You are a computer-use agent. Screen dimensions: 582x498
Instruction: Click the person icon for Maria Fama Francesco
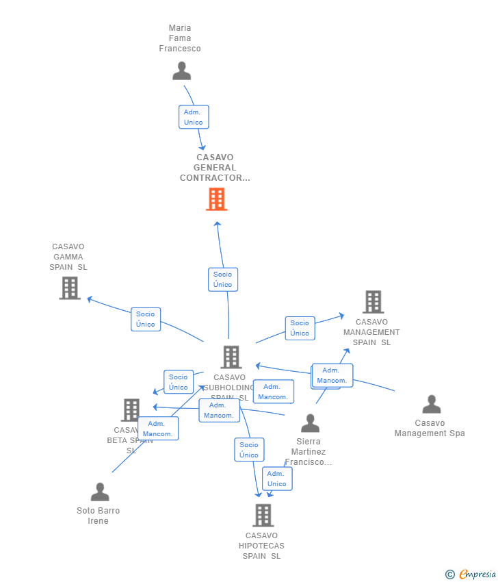tap(181, 71)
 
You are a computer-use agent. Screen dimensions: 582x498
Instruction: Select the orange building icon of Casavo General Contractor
tap(216, 199)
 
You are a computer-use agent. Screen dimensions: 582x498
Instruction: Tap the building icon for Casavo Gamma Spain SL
tap(70, 288)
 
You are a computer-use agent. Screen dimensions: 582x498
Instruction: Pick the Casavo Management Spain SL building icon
tap(373, 302)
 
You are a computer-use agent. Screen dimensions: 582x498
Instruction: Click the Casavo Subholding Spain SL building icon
tap(231, 357)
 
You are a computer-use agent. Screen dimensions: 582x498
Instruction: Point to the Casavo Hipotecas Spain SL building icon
tap(263, 515)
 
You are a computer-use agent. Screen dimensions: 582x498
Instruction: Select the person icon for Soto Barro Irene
tap(100, 492)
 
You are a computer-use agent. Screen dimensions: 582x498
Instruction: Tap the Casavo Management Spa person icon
tap(431, 405)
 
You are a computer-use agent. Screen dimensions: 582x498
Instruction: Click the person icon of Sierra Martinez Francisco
tap(310, 423)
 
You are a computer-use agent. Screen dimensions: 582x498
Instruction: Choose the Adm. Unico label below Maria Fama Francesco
tap(194, 117)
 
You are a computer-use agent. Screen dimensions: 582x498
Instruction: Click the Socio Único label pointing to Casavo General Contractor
tap(222, 279)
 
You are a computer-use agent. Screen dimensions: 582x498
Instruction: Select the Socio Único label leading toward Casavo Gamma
tap(146, 319)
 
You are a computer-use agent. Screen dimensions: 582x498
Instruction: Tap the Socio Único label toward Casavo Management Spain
tap(300, 328)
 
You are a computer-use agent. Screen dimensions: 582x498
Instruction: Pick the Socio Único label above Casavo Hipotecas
tap(249, 450)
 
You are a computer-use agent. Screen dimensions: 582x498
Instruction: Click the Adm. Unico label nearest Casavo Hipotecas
tap(277, 479)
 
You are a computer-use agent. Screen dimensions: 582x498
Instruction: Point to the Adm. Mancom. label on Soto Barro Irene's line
tap(158, 429)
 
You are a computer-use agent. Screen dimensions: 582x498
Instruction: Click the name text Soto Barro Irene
tap(99, 516)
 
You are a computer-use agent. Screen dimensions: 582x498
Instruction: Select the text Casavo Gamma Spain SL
tap(68, 257)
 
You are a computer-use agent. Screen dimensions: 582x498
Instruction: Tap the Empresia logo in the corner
tap(471, 574)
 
